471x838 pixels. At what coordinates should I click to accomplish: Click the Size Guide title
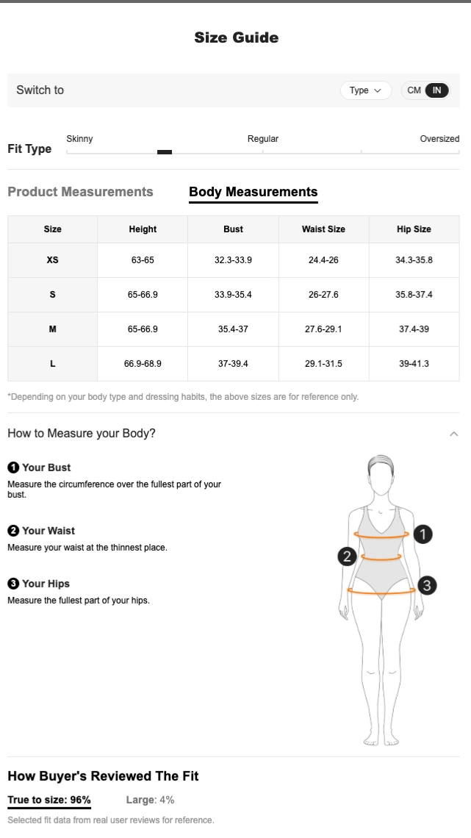click(x=236, y=37)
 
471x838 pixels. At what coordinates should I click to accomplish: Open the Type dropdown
click(x=366, y=90)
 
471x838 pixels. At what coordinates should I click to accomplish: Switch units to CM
click(x=414, y=90)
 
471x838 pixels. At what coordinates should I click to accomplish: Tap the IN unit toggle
click(x=436, y=90)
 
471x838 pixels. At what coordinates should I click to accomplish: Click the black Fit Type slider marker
click(x=165, y=151)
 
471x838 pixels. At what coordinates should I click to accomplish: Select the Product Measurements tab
click(x=80, y=192)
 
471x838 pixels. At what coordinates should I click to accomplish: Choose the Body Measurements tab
click(x=253, y=192)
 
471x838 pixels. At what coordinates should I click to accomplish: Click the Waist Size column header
click(x=323, y=229)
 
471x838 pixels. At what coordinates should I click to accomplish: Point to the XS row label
click(x=52, y=260)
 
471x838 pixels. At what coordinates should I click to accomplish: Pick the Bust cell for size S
click(x=233, y=295)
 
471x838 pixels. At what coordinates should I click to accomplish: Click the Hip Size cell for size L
click(x=414, y=363)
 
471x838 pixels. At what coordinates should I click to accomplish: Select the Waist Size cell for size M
click(x=323, y=329)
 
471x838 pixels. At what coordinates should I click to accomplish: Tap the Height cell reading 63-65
click(x=143, y=260)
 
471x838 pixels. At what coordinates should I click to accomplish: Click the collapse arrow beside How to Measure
click(x=454, y=434)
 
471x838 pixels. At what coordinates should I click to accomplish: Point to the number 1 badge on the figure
click(x=423, y=534)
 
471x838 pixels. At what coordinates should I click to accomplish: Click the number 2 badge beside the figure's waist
click(x=347, y=556)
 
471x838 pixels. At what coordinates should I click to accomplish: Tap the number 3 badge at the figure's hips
click(x=427, y=585)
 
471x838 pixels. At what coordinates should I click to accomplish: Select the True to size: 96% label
click(x=49, y=800)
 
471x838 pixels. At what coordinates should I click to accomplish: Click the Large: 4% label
click(x=150, y=800)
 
